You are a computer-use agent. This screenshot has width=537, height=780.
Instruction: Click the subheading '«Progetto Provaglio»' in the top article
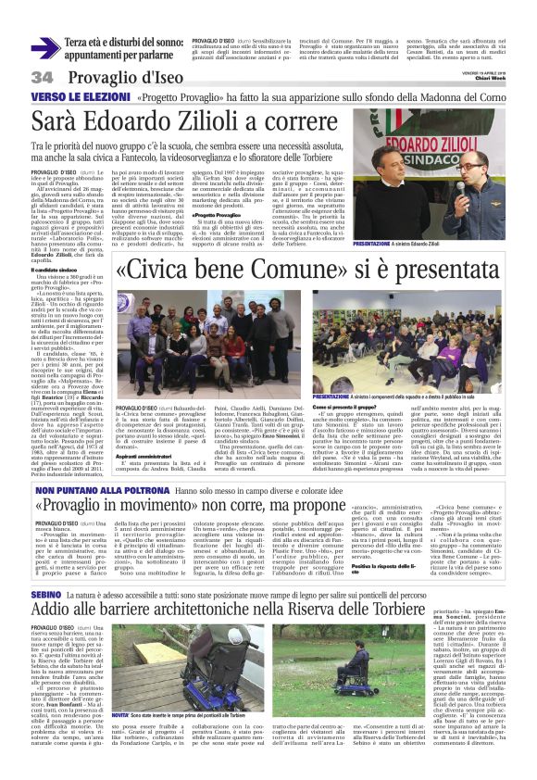click(x=212, y=214)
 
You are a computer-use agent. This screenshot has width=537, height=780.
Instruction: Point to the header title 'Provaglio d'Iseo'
click(x=109, y=76)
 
